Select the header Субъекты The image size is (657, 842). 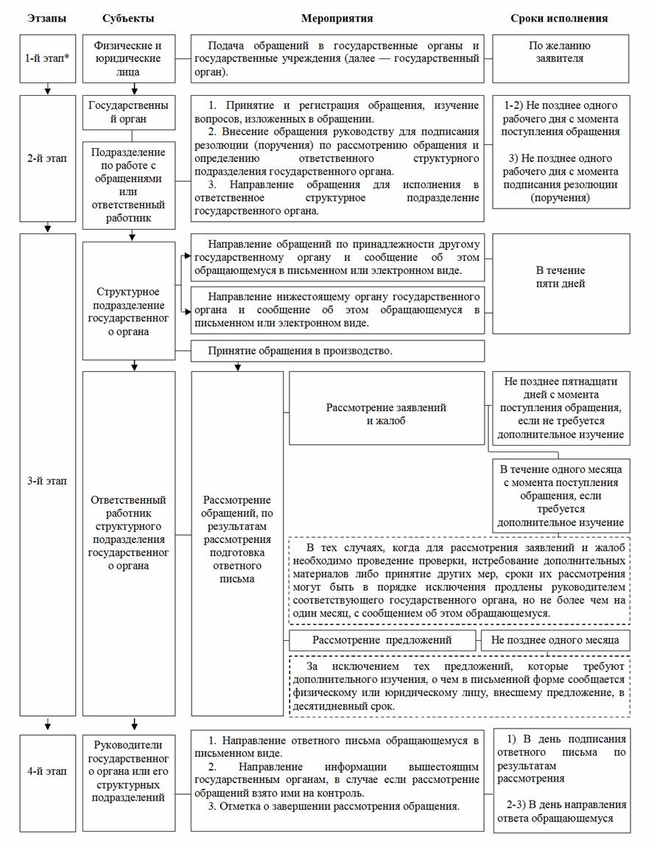click(x=128, y=18)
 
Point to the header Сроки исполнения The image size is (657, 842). click(x=559, y=18)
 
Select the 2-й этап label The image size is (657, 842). click(x=47, y=158)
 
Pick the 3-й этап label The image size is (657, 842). click(x=47, y=481)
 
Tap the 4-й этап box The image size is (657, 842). click(x=47, y=771)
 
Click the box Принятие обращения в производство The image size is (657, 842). click(x=337, y=351)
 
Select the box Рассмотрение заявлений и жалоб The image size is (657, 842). click(x=386, y=414)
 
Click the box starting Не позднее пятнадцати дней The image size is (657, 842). click(x=561, y=408)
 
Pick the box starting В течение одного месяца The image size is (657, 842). click(x=561, y=496)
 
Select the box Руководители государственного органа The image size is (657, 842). click(x=129, y=771)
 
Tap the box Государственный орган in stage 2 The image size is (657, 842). click(x=129, y=112)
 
